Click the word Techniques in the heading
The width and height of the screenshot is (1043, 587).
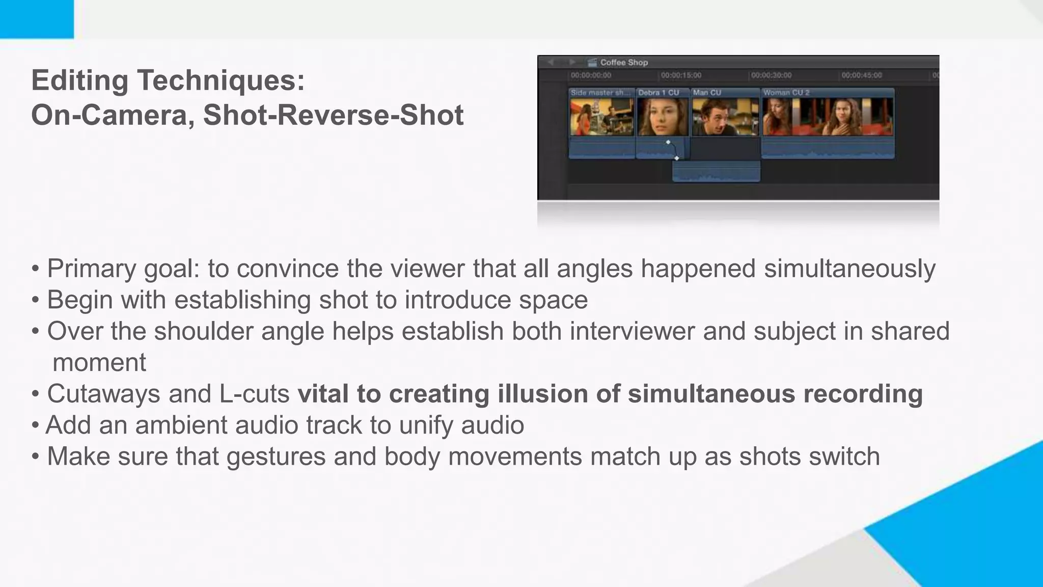coord(221,80)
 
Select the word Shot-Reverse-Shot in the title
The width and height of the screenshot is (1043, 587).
coord(333,115)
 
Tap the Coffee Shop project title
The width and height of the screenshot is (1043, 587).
coord(624,62)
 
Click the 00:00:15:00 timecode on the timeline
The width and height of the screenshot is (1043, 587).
coord(681,75)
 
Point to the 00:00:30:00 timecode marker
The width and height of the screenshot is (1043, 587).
coord(771,75)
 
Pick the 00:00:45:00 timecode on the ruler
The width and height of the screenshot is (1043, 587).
coord(861,75)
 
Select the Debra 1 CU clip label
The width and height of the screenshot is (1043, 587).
coord(658,93)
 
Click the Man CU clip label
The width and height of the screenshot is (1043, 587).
coord(707,93)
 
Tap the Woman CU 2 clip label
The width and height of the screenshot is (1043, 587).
coord(786,93)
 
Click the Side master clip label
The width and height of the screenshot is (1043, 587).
coord(600,93)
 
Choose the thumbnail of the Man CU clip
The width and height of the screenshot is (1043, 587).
coord(725,117)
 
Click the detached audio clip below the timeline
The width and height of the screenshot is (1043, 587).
coord(716,172)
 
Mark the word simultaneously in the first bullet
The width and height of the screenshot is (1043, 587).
coord(849,269)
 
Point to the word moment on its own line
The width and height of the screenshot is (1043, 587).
coord(99,363)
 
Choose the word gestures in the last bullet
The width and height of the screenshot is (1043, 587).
coord(276,457)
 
